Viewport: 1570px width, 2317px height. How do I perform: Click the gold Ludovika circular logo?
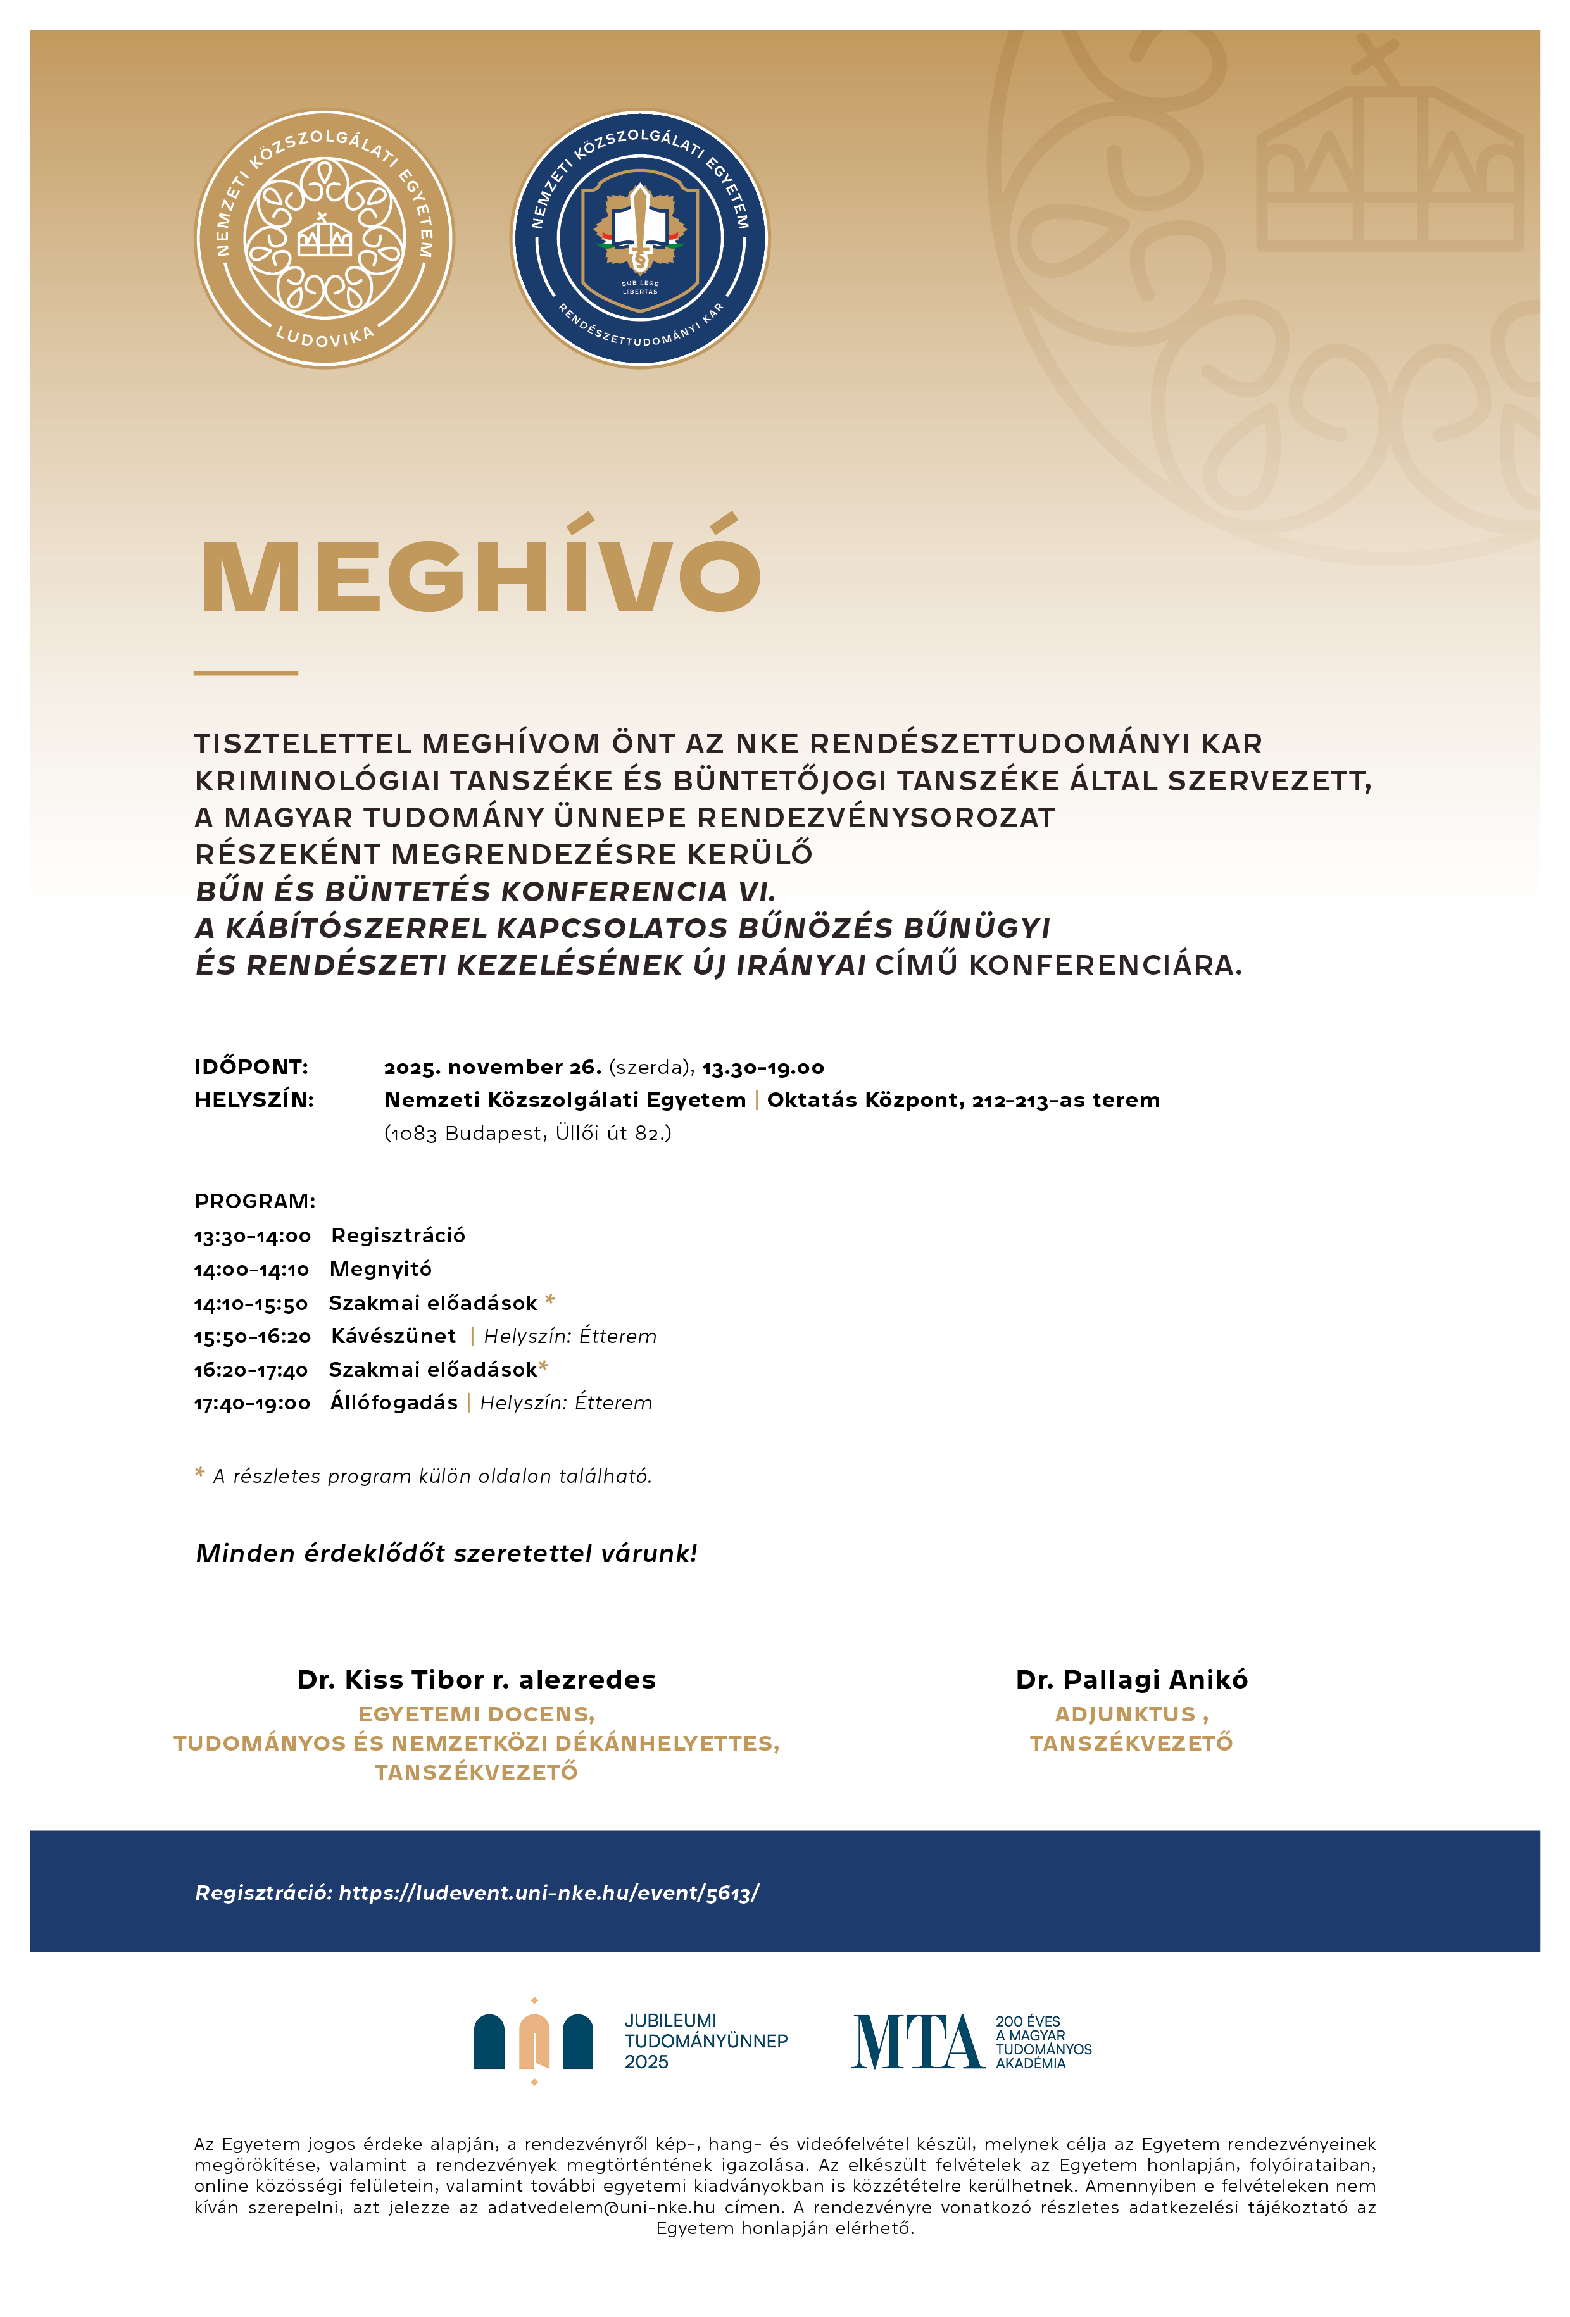click(x=323, y=239)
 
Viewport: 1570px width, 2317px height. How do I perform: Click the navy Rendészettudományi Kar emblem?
click(x=641, y=239)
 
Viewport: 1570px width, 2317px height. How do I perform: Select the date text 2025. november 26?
click(x=493, y=1068)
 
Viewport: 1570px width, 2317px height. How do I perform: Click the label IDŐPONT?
click(x=251, y=1068)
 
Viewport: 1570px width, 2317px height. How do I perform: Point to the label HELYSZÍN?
click(x=254, y=1101)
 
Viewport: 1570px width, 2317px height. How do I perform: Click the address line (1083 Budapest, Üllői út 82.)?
click(x=527, y=1134)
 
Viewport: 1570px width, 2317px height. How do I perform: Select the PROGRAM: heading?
click(x=254, y=1201)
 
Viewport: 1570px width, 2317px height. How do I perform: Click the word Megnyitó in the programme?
click(x=380, y=1269)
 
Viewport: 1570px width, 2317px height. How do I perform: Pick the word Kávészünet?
click(x=393, y=1336)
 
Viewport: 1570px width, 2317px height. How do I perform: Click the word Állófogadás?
click(x=394, y=1402)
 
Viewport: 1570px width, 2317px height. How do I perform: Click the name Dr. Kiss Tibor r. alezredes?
click(x=477, y=1680)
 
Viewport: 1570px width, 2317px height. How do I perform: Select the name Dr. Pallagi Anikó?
click(x=1131, y=1680)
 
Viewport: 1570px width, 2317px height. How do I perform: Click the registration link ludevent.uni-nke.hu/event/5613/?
click(x=549, y=1893)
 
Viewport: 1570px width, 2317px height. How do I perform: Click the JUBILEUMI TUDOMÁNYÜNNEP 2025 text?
click(x=705, y=2041)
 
